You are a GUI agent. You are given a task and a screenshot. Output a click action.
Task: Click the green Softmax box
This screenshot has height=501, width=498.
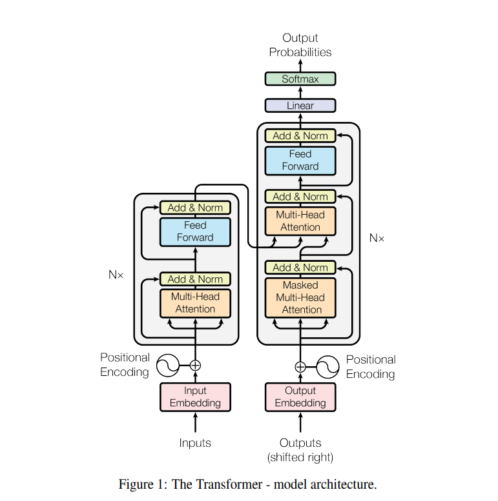300,79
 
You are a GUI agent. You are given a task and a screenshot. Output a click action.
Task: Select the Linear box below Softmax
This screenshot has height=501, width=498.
300,105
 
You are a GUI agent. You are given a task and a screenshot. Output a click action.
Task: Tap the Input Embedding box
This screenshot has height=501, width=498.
195,397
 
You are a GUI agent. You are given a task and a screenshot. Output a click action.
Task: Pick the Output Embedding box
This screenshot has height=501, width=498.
300,397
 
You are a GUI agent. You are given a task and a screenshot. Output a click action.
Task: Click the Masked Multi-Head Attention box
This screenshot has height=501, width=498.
300,297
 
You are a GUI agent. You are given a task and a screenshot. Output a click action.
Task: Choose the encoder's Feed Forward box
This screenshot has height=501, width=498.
195,231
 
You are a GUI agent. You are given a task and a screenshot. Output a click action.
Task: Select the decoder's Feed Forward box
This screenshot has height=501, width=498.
300,160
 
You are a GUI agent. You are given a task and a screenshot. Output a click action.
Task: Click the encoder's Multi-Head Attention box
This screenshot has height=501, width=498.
195,303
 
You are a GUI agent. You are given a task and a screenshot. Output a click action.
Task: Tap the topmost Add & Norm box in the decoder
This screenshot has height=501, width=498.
300,135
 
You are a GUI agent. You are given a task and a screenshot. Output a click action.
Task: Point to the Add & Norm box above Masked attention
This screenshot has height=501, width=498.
300,267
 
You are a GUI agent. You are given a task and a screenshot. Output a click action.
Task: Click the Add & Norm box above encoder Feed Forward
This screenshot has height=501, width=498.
195,208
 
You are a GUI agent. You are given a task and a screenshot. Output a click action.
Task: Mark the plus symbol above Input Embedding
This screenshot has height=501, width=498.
195,366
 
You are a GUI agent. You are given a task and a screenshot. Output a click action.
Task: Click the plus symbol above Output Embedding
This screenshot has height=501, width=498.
300,367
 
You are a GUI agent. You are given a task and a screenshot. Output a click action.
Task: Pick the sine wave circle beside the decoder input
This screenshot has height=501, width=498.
327,367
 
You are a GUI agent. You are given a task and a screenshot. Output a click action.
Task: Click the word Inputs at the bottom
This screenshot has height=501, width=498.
195,443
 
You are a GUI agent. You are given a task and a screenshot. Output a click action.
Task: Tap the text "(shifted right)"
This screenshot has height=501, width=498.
300,457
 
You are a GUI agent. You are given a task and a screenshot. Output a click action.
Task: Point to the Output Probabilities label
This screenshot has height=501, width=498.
300,45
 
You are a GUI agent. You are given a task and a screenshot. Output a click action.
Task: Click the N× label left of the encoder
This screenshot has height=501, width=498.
116,275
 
